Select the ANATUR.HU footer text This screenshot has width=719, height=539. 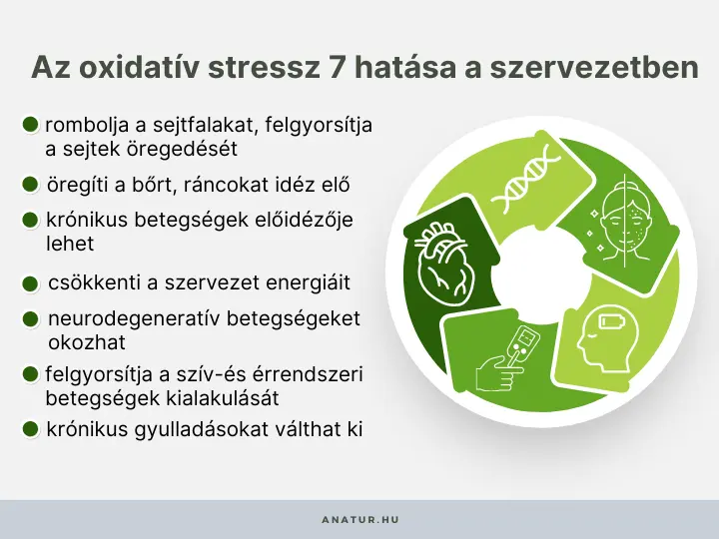click(x=359, y=520)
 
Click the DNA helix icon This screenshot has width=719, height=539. click(x=531, y=179)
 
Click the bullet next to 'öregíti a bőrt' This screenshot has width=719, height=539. click(x=31, y=185)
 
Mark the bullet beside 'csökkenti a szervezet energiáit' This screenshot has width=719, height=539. click(x=31, y=283)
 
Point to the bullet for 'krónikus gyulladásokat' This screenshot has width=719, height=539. click(x=31, y=430)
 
